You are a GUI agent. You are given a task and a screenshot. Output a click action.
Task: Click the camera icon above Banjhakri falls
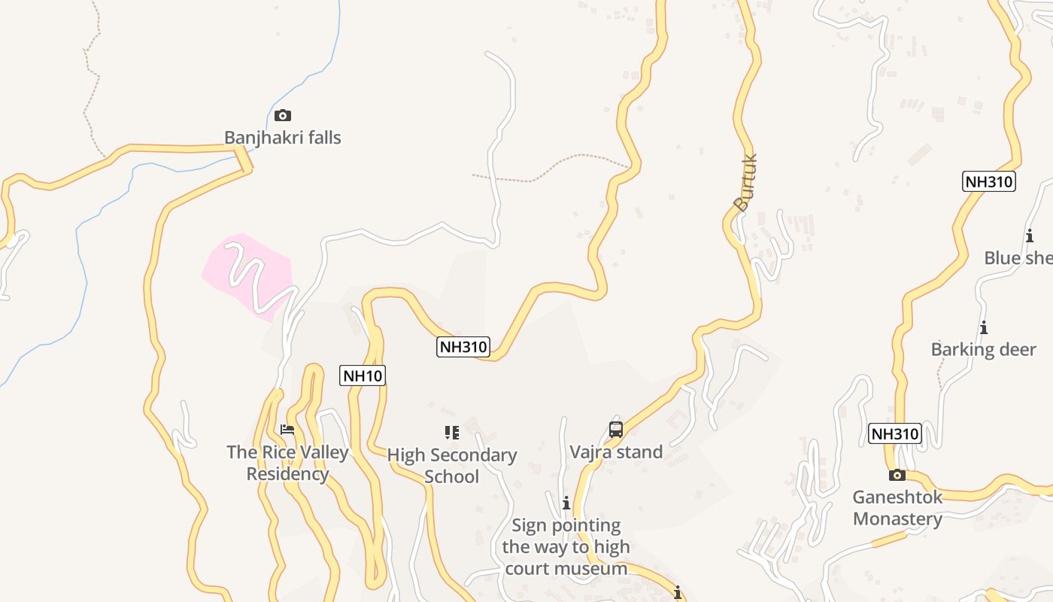(283, 115)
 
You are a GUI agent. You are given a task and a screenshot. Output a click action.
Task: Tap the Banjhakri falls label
(283, 138)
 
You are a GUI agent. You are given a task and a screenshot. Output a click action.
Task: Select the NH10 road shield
(363, 375)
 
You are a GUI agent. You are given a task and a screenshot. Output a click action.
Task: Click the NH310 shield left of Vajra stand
(463, 347)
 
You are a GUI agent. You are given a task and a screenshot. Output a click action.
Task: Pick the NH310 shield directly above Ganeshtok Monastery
(895, 433)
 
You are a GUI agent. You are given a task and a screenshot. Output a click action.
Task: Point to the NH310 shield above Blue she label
(989, 181)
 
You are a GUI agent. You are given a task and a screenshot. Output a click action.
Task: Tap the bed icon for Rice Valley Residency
(287, 430)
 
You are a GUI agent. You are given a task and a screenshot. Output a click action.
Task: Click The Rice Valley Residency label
(288, 463)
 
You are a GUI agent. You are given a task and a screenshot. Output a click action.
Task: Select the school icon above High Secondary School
(451, 432)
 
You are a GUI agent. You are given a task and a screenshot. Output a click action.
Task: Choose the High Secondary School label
(452, 465)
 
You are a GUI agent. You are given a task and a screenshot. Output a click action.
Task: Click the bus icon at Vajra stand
(616, 430)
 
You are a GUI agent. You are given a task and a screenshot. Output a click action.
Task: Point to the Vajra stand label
(616, 452)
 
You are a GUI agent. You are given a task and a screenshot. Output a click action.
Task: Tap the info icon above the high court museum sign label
(566, 503)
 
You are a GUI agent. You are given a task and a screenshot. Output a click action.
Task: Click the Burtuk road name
(745, 182)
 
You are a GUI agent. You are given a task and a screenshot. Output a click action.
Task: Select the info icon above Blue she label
(1030, 236)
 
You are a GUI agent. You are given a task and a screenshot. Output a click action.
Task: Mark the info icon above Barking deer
(983, 327)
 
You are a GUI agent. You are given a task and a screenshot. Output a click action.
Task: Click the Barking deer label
(984, 349)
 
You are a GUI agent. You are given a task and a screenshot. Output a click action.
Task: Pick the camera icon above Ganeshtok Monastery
(897, 475)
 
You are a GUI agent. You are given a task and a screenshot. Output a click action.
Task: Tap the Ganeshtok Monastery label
(897, 508)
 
